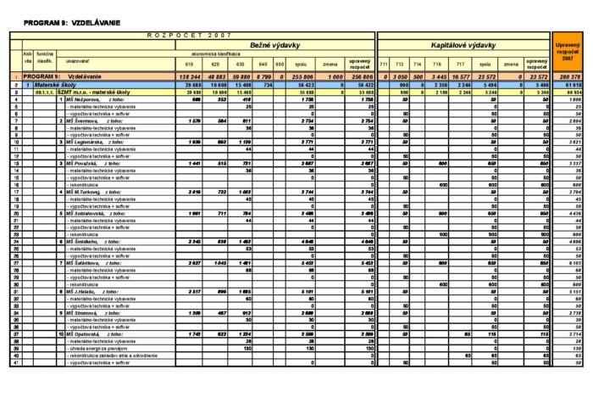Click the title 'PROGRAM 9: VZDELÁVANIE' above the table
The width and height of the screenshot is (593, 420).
coord(58,20)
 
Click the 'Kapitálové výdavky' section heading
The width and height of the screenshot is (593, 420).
coord(463,45)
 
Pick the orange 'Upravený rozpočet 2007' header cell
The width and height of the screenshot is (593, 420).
coord(567,53)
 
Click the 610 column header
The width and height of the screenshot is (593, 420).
coord(189,64)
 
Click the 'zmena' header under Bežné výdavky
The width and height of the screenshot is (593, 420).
coord(330,64)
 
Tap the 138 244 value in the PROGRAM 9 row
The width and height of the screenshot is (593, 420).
coord(189,76)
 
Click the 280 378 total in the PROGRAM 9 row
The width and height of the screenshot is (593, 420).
coord(568,76)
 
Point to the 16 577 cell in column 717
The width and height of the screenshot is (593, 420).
coord(461,76)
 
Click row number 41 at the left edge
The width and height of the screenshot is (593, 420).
coord(15,362)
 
